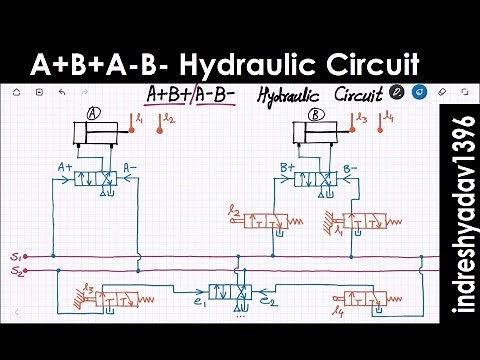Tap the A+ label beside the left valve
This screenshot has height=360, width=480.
67,166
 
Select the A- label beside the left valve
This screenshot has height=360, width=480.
130,166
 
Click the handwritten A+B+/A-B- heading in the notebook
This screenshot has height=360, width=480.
191,96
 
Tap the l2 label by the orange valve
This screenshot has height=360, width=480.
234,212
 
